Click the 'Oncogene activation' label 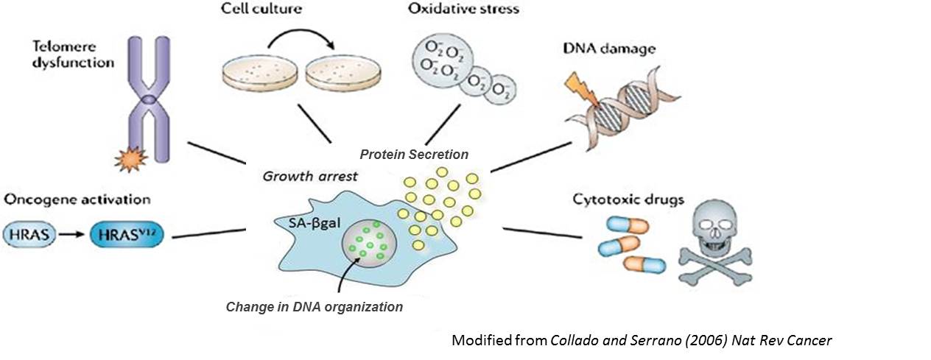click(x=77, y=200)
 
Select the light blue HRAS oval click(x=27, y=235)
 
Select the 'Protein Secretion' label click(x=413, y=154)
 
